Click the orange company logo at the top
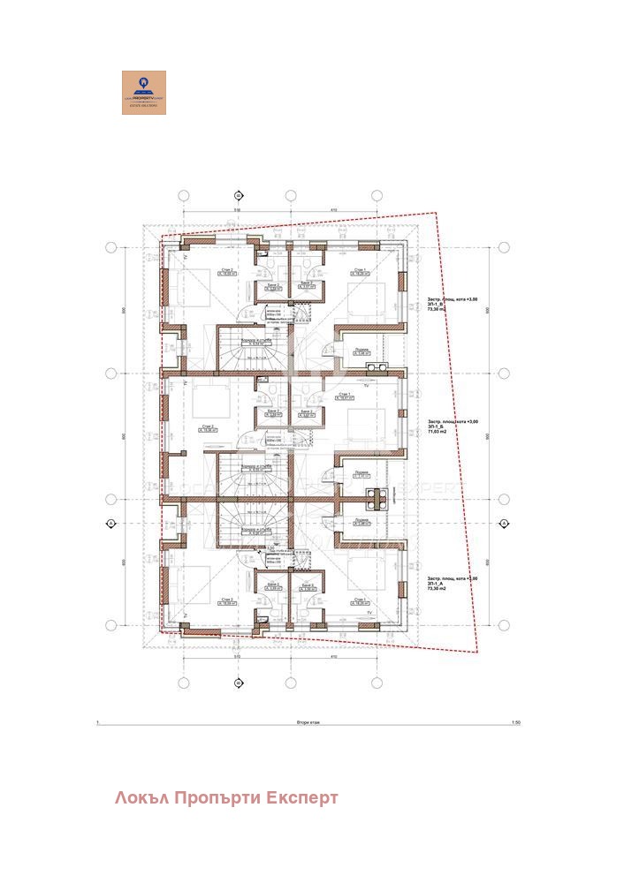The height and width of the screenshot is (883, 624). [143, 93]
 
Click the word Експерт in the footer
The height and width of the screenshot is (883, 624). [305, 798]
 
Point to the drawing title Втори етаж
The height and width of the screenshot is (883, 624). [308, 722]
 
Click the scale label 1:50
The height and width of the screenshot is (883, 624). [516, 722]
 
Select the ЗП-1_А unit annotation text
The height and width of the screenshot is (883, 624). [438, 584]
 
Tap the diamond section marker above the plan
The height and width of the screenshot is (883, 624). [238, 195]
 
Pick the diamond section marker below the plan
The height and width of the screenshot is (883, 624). [238, 683]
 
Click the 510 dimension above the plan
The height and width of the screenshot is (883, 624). [237, 210]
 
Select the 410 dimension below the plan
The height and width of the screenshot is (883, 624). [333, 658]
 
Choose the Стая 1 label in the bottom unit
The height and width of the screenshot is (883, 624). [360, 600]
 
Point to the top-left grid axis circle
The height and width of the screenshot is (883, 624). [184, 195]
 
